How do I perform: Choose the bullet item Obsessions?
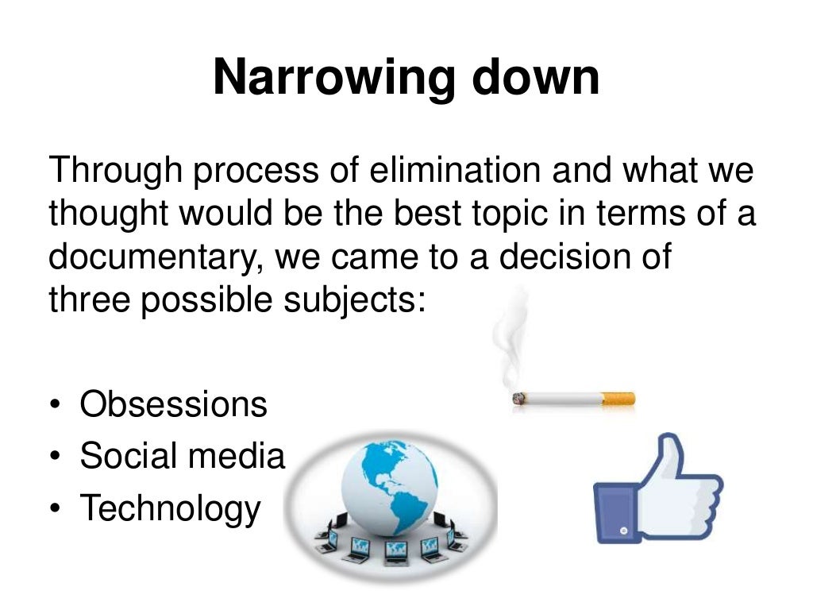click(173, 404)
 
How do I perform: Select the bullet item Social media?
click(182, 456)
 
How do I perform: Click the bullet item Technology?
click(170, 508)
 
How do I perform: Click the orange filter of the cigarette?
click(618, 399)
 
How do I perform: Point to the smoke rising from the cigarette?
click(508, 334)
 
